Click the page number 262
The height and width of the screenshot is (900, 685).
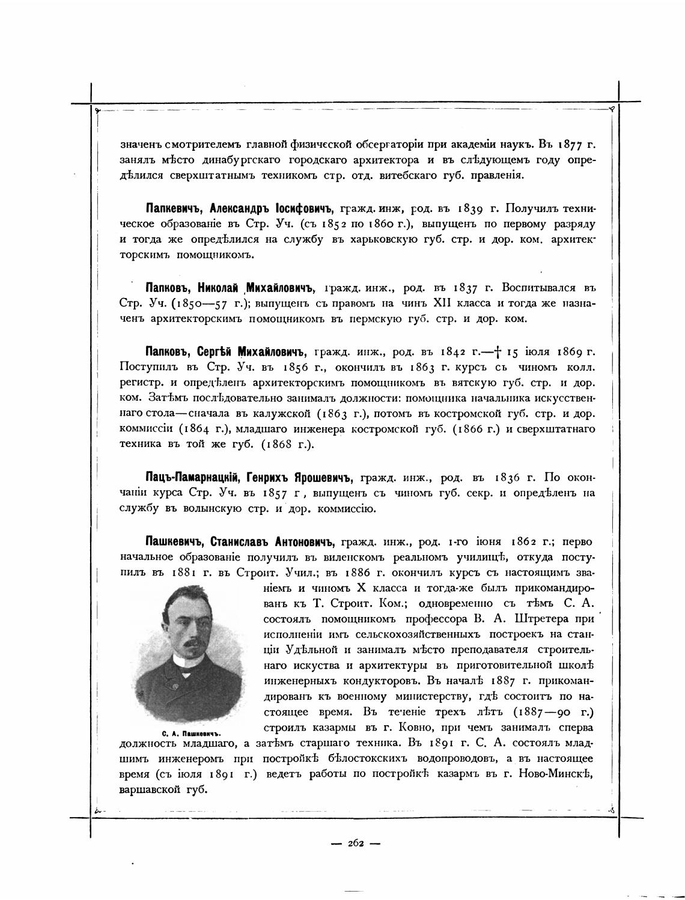coord(356,843)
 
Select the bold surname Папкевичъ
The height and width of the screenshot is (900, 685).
coord(175,208)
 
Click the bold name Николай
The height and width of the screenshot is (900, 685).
coord(219,288)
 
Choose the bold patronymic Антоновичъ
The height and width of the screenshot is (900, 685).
coord(304,541)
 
